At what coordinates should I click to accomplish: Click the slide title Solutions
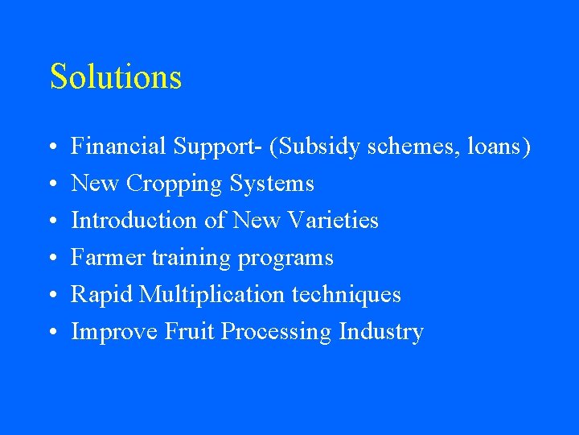point(116,77)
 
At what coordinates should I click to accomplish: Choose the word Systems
point(272,184)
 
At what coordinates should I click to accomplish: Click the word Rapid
point(101,295)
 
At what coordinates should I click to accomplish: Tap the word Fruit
point(191,332)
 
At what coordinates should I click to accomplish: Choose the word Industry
point(381,332)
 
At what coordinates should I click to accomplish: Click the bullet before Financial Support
point(51,148)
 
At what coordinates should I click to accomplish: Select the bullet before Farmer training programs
point(51,259)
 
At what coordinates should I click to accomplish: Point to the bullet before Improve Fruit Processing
point(51,333)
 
